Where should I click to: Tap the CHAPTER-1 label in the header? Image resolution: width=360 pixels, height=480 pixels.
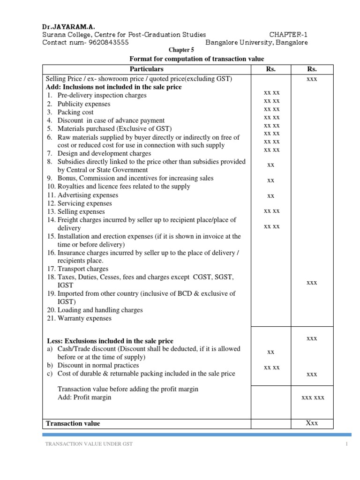point(288,35)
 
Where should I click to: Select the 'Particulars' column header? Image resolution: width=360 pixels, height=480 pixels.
point(147,69)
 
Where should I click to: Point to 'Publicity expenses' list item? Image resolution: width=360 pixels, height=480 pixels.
point(84,104)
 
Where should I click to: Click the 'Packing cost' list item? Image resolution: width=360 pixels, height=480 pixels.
point(75,112)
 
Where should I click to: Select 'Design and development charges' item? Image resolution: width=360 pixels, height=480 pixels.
point(104,153)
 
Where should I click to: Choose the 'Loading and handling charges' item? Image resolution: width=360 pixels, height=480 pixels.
point(100,310)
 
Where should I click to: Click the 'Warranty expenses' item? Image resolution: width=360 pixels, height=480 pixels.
point(84,318)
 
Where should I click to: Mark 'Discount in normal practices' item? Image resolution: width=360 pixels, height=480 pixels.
point(98,365)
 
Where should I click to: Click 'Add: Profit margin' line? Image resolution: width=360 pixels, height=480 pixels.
point(84,397)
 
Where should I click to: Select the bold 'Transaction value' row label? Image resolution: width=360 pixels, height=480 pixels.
point(73,423)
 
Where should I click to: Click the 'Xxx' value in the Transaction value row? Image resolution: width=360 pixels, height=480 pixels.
point(312,423)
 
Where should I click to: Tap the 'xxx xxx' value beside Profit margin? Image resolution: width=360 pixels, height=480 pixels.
point(313,397)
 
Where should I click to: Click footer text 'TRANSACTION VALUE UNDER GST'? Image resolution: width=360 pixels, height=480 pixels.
point(89,444)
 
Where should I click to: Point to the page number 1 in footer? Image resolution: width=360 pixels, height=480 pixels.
point(346,444)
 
